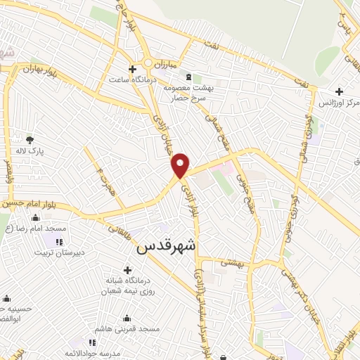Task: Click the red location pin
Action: tap(181, 165)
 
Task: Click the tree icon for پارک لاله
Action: tap(30, 140)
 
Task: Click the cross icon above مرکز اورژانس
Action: tap(339, 91)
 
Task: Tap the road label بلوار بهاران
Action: tap(36, 70)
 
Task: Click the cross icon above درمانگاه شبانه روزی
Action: tap(127, 270)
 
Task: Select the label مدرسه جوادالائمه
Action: tap(98, 352)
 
